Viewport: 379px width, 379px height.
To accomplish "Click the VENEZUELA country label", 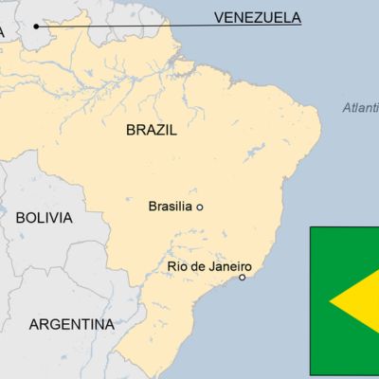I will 257,17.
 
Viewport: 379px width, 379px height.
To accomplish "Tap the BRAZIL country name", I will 151,132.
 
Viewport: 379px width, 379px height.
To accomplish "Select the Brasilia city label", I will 171,206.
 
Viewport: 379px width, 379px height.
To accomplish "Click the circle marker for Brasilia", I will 199,207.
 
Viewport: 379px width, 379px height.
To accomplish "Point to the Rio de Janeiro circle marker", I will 243,278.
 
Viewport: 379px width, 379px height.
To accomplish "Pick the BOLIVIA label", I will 44,218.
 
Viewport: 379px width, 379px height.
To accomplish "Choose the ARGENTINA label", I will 72,324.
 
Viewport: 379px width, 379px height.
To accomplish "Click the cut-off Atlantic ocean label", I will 360,108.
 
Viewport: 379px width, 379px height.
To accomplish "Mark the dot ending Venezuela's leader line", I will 37,26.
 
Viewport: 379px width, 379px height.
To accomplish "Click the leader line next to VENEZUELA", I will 123,26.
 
